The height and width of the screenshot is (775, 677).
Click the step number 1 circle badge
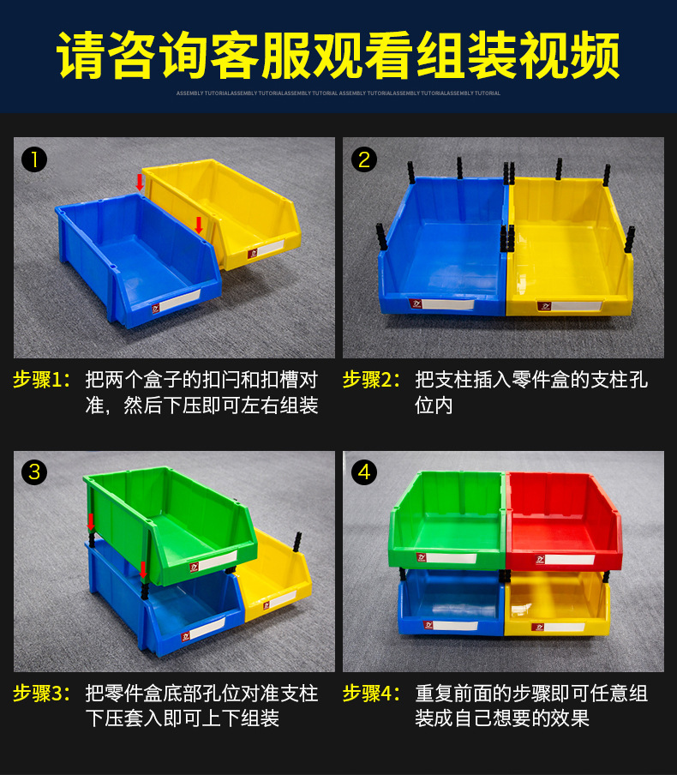[34, 159]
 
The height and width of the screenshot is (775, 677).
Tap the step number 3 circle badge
[34, 472]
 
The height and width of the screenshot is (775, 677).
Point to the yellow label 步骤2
[371, 380]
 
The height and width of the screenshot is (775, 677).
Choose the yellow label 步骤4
[371, 693]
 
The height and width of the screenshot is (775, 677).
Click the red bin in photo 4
[562, 520]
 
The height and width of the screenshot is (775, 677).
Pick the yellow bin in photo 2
[569, 249]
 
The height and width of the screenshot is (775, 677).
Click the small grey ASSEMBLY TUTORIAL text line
[338, 93]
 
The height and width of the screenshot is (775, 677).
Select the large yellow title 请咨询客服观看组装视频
[338, 56]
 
